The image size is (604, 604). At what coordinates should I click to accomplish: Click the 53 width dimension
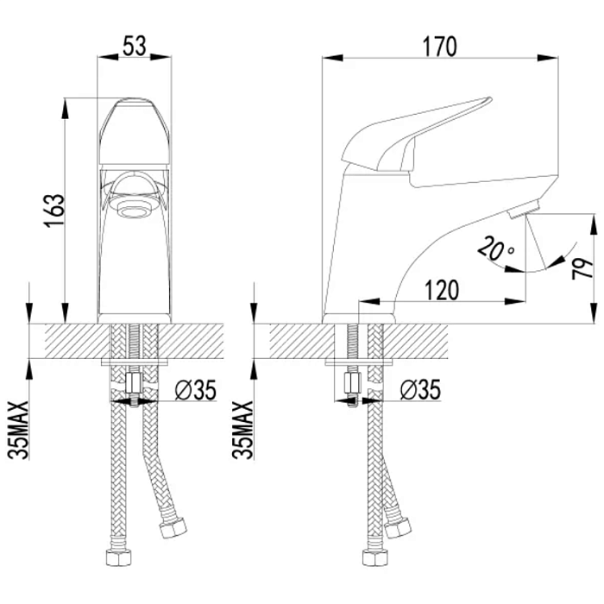coord(135,47)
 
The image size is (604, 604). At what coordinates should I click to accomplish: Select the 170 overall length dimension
coord(439,47)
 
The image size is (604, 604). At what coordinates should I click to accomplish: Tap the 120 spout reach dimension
coord(442,290)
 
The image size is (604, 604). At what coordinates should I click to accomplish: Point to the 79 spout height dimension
coord(582,268)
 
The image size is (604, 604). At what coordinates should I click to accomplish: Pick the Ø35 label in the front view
coord(195,390)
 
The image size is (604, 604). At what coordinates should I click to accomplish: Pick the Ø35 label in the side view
coord(420,390)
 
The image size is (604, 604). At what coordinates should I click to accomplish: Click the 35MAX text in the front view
coord(18,431)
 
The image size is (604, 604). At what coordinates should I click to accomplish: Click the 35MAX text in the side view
coord(242,431)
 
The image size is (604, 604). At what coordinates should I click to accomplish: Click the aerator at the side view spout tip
coord(523,210)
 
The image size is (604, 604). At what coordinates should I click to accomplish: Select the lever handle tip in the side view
coord(489,100)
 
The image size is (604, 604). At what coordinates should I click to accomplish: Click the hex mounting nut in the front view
coord(134,384)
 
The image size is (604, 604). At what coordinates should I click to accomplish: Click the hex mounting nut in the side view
coord(352,383)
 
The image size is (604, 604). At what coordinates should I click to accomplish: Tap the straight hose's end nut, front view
coord(118,557)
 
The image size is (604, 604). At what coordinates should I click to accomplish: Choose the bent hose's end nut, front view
coord(173,528)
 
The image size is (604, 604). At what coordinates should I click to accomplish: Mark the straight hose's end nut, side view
coord(374,557)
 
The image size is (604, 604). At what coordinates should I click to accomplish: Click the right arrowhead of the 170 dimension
coord(548,58)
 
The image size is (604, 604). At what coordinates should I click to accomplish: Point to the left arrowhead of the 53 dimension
coord(108,57)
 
